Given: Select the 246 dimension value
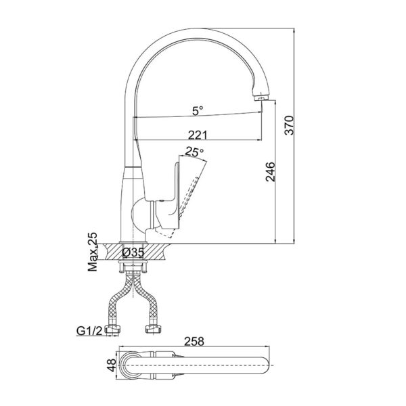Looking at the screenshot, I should point(270,173).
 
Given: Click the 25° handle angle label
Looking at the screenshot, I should point(194,152).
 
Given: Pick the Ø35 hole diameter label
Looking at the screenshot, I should point(133,252).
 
